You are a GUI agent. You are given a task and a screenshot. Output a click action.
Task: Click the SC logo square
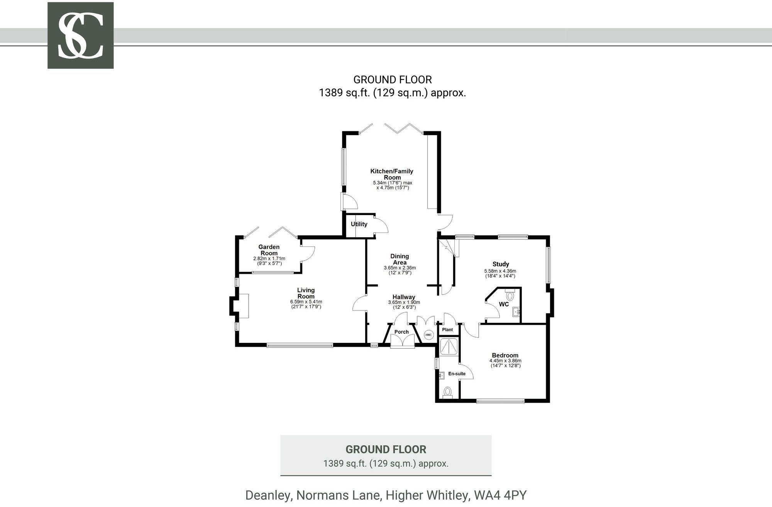[80, 36]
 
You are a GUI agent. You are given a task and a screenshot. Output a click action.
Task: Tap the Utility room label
[359, 224]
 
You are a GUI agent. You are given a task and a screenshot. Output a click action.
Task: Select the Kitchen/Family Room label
[392, 174]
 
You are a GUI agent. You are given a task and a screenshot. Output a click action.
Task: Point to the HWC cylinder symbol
[428, 335]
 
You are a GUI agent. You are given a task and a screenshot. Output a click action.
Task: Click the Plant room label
[447, 330]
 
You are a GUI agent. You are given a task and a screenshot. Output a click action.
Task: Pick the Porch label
[401, 332]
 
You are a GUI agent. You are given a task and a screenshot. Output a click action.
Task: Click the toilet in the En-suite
[448, 392]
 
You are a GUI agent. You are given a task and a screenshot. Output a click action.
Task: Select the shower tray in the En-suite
[449, 347]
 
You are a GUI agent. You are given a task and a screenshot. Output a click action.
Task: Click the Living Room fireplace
[243, 306]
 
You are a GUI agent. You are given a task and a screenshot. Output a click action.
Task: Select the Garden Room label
[269, 250]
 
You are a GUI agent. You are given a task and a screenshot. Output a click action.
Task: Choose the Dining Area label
[400, 259]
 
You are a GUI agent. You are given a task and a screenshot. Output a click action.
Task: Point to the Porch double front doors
[402, 341]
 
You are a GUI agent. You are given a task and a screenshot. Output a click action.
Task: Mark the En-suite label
[457, 374]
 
